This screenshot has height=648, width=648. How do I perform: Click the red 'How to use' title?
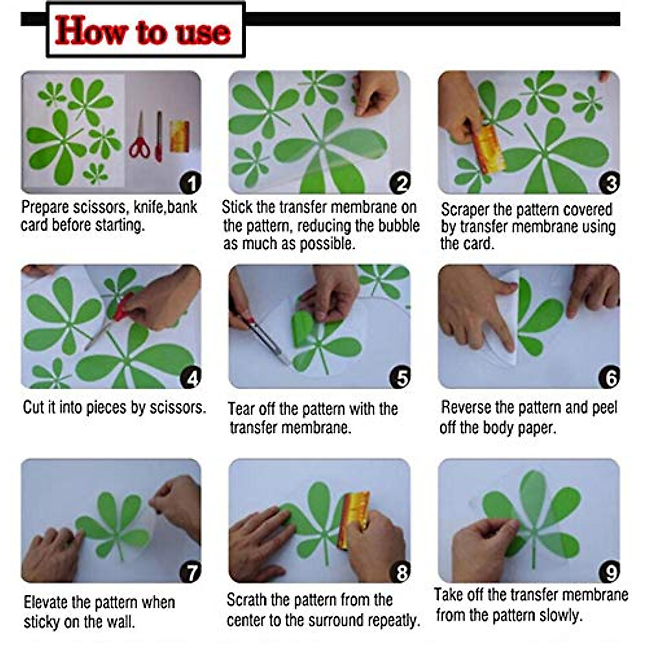click(143, 31)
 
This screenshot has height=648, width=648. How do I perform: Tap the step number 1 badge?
click(190, 183)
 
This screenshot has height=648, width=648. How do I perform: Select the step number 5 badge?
click(400, 377)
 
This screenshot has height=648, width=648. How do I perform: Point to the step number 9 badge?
click(609, 572)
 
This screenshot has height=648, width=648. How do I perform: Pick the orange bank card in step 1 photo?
click(180, 136)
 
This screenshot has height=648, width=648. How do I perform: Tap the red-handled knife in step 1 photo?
click(159, 136)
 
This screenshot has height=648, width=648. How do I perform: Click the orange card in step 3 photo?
click(488, 149)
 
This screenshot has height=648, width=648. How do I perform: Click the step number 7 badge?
click(190, 572)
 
